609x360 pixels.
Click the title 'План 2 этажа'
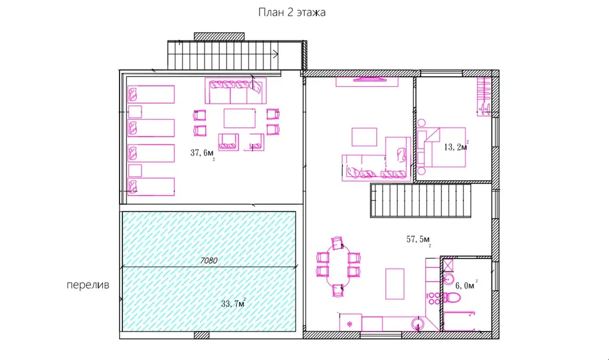pos(291,12)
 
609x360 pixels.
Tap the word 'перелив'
pos(88,285)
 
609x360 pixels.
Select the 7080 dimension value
pos(209,261)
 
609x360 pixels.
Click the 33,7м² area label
pos(233,303)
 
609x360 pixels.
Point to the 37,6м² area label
pos(202,154)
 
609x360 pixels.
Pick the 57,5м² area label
pos(418,240)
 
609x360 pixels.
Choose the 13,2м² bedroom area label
pos(456,146)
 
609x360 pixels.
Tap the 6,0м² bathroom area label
pos(466,285)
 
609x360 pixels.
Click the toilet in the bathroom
pos(452,298)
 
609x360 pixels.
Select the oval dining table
pos(338,267)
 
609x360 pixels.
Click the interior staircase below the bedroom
pos(420,200)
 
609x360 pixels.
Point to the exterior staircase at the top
pos(224,55)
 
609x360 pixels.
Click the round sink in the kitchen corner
pos(418,324)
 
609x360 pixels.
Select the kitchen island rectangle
pos(395,284)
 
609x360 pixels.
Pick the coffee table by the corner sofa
pos(365,137)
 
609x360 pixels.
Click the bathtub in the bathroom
pos(459,321)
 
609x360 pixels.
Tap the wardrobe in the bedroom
pos(484,96)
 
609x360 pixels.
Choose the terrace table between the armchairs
pos(240,118)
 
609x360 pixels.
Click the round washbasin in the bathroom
pos(448,278)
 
